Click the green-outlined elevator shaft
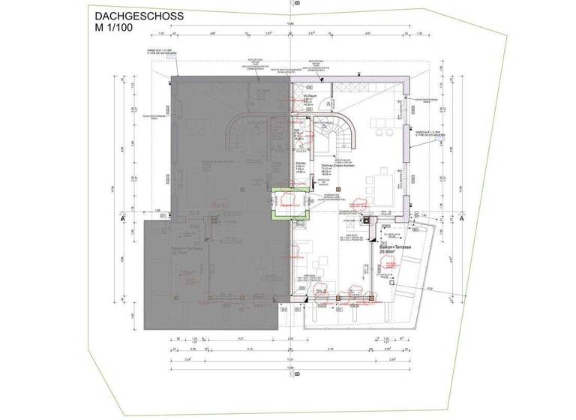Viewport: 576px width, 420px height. [x=286, y=201]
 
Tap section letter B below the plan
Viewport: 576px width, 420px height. [x=297, y=373]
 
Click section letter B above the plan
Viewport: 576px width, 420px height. [x=297, y=4]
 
